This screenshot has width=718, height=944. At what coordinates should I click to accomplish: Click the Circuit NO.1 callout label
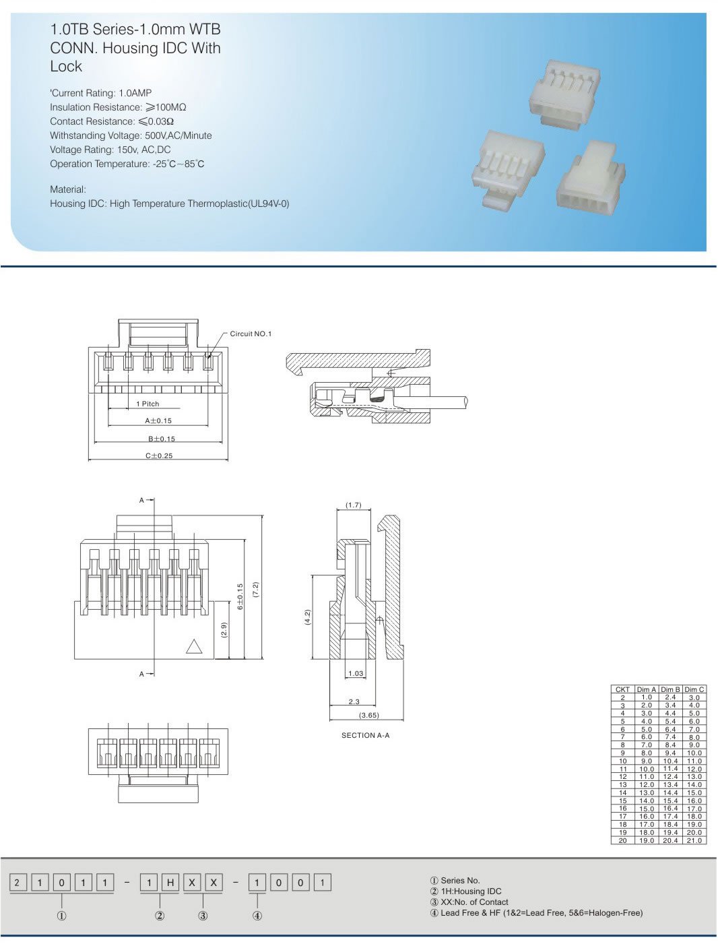251,334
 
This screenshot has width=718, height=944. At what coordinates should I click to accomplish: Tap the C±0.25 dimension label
159,456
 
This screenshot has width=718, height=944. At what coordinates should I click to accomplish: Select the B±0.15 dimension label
162,439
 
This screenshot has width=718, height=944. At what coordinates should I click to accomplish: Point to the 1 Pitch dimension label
148,404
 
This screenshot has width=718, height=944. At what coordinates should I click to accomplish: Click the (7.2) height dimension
255,590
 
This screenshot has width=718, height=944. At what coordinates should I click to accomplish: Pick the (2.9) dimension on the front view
224,631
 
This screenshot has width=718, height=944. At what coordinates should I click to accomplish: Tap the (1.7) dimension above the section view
354,505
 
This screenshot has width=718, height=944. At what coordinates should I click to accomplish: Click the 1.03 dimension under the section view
356,674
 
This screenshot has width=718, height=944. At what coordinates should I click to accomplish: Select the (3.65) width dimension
368,716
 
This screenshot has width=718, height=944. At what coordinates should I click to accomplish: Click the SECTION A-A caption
365,736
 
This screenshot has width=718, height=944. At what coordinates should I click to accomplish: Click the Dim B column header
670,689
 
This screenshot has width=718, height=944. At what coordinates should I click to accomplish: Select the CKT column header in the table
622,689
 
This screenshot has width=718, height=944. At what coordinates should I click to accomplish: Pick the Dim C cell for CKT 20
694,841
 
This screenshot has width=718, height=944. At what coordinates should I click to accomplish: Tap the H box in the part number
170,883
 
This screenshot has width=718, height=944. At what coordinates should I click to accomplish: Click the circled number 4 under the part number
257,916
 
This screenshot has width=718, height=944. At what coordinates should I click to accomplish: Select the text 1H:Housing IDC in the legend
471,891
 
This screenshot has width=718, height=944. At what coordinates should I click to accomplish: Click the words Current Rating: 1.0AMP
101,93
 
